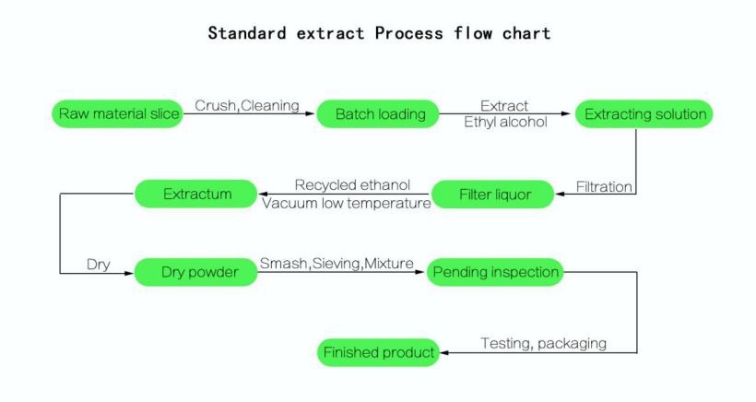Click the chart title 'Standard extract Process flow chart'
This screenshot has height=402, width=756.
pyautogui.click(x=379, y=34)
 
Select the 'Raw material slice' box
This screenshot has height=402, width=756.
pyautogui.click(x=114, y=114)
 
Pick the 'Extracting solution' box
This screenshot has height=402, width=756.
pyautogui.click(x=644, y=114)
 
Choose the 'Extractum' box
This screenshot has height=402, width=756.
pyautogui.click(x=195, y=194)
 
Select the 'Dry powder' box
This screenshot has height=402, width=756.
pyautogui.click(x=195, y=272)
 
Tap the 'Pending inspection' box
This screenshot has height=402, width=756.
pyautogui.click(x=494, y=272)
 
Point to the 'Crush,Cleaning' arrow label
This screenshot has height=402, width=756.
pyautogui.click(x=247, y=105)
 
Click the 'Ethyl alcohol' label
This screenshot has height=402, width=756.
pyautogui.click(x=504, y=124)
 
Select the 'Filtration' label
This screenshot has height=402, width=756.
pyautogui.click(x=604, y=186)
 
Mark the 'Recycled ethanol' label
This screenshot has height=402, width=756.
pyautogui.click(x=352, y=185)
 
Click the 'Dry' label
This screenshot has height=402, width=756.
pyautogui.click(x=98, y=264)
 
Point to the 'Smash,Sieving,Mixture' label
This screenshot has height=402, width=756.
pyautogui.click(x=337, y=264)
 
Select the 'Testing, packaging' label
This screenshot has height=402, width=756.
pyautogui.click(x=543, y=343)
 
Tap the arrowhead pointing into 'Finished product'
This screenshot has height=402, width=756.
pyautogui.click(x=441, y=352)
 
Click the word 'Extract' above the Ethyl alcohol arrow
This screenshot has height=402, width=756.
pyautogui.click(x=504, y=105)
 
